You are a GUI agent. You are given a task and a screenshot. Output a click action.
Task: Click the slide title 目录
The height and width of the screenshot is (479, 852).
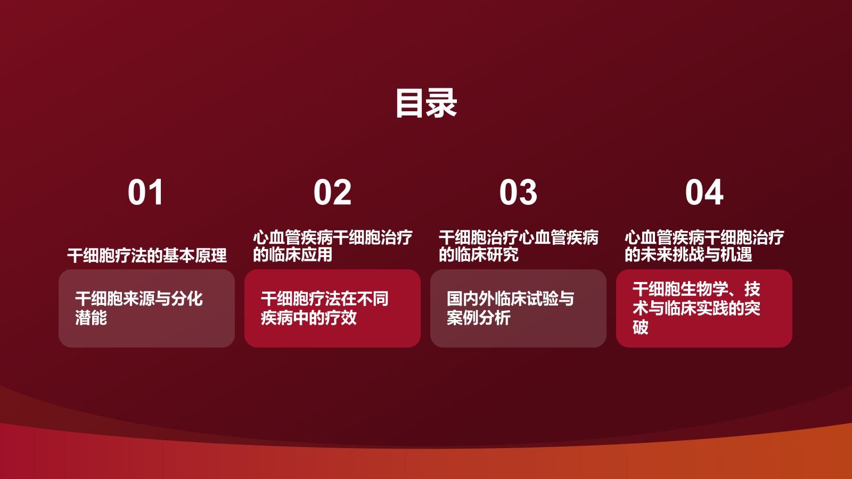click(x=426, y=103)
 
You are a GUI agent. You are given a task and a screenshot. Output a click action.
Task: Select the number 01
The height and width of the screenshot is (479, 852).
click(x=146, y=192)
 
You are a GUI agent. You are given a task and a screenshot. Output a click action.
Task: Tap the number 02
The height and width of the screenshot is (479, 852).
click(x=332, y=192)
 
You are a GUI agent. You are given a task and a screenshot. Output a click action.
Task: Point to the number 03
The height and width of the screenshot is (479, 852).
click(x=518, y=192)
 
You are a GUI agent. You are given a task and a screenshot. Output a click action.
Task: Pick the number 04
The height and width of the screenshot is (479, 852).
click(x=704, y=192)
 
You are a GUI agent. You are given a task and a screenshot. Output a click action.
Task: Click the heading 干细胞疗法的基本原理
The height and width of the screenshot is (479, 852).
click(x=147, y=255)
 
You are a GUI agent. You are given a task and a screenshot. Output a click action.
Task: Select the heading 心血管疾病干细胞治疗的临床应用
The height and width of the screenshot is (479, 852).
click(x=332, y=246)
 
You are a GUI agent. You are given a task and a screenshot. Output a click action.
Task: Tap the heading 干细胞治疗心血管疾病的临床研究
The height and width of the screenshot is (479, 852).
click(x=518, y=246)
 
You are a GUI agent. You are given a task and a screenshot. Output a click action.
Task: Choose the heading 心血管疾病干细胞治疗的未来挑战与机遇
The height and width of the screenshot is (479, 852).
click(x=704, y=246)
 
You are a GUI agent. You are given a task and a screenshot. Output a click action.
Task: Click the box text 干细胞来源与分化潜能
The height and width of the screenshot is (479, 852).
click(x=138, y=308)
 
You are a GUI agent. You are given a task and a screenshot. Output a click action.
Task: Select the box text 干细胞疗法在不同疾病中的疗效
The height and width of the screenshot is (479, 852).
click(x=324, y=308)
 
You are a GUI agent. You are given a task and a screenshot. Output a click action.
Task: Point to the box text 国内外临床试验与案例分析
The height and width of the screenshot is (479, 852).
click(x=510, y=308)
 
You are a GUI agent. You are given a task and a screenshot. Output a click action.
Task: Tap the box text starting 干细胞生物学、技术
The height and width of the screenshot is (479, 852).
click(x=696, y=308)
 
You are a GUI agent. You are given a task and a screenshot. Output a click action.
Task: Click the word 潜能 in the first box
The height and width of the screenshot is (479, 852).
click(x=91, y=318)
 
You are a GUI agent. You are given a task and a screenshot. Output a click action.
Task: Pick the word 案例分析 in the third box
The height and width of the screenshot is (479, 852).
click(x=479, y=318)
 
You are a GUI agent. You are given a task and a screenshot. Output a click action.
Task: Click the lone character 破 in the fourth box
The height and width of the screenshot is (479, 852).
click(x=641, y=327)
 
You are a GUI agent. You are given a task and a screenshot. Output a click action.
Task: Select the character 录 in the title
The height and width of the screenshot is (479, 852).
click(x=441, y=103)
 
